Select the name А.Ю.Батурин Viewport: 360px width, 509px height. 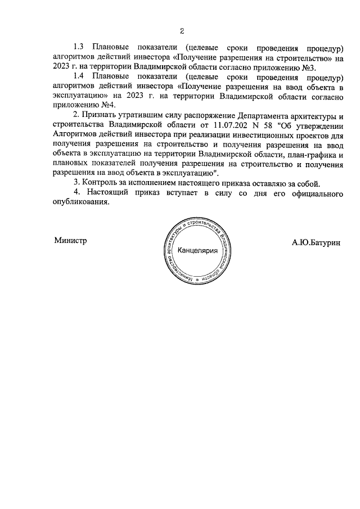tap(316, 242)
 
